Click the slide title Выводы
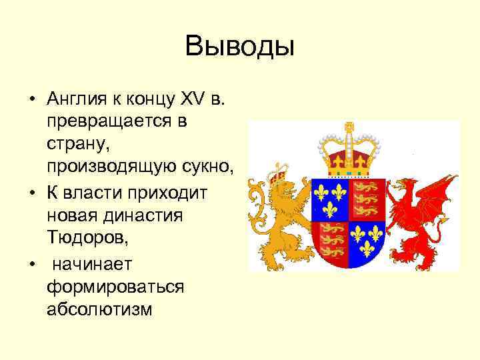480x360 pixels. coord(239,47)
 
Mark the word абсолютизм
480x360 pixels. coord(100,309)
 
